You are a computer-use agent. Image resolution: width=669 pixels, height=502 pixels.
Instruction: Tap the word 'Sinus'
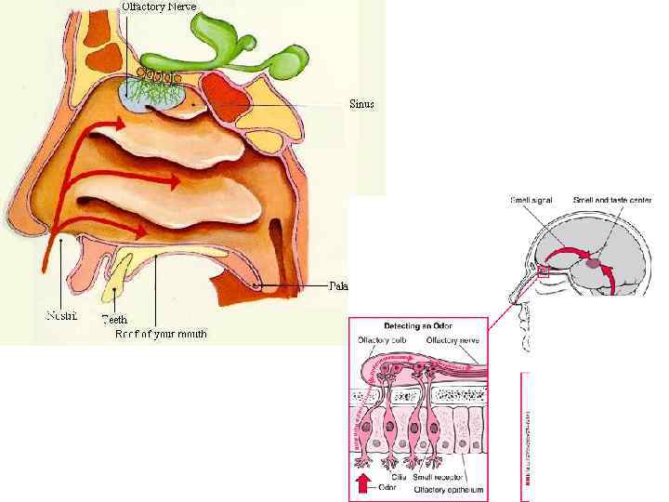[361, 104]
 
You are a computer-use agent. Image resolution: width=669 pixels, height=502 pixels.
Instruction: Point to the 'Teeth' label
[114, 320]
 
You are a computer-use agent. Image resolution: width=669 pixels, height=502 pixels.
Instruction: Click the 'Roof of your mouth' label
[162, 333]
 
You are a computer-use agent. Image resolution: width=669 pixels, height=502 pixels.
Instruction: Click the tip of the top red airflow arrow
[126, 121]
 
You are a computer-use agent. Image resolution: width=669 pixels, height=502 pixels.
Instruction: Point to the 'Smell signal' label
[534, 200]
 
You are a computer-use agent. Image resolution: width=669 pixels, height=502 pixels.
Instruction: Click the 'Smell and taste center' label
[612, 200]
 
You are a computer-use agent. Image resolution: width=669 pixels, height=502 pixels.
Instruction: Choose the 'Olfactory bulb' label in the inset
[380, 341]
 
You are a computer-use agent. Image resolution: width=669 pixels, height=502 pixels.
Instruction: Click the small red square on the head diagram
[544, 271]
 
